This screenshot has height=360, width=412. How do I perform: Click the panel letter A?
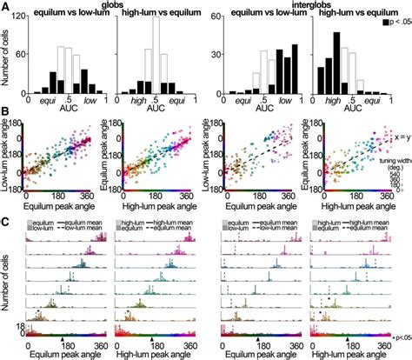[x=6, y=7]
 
